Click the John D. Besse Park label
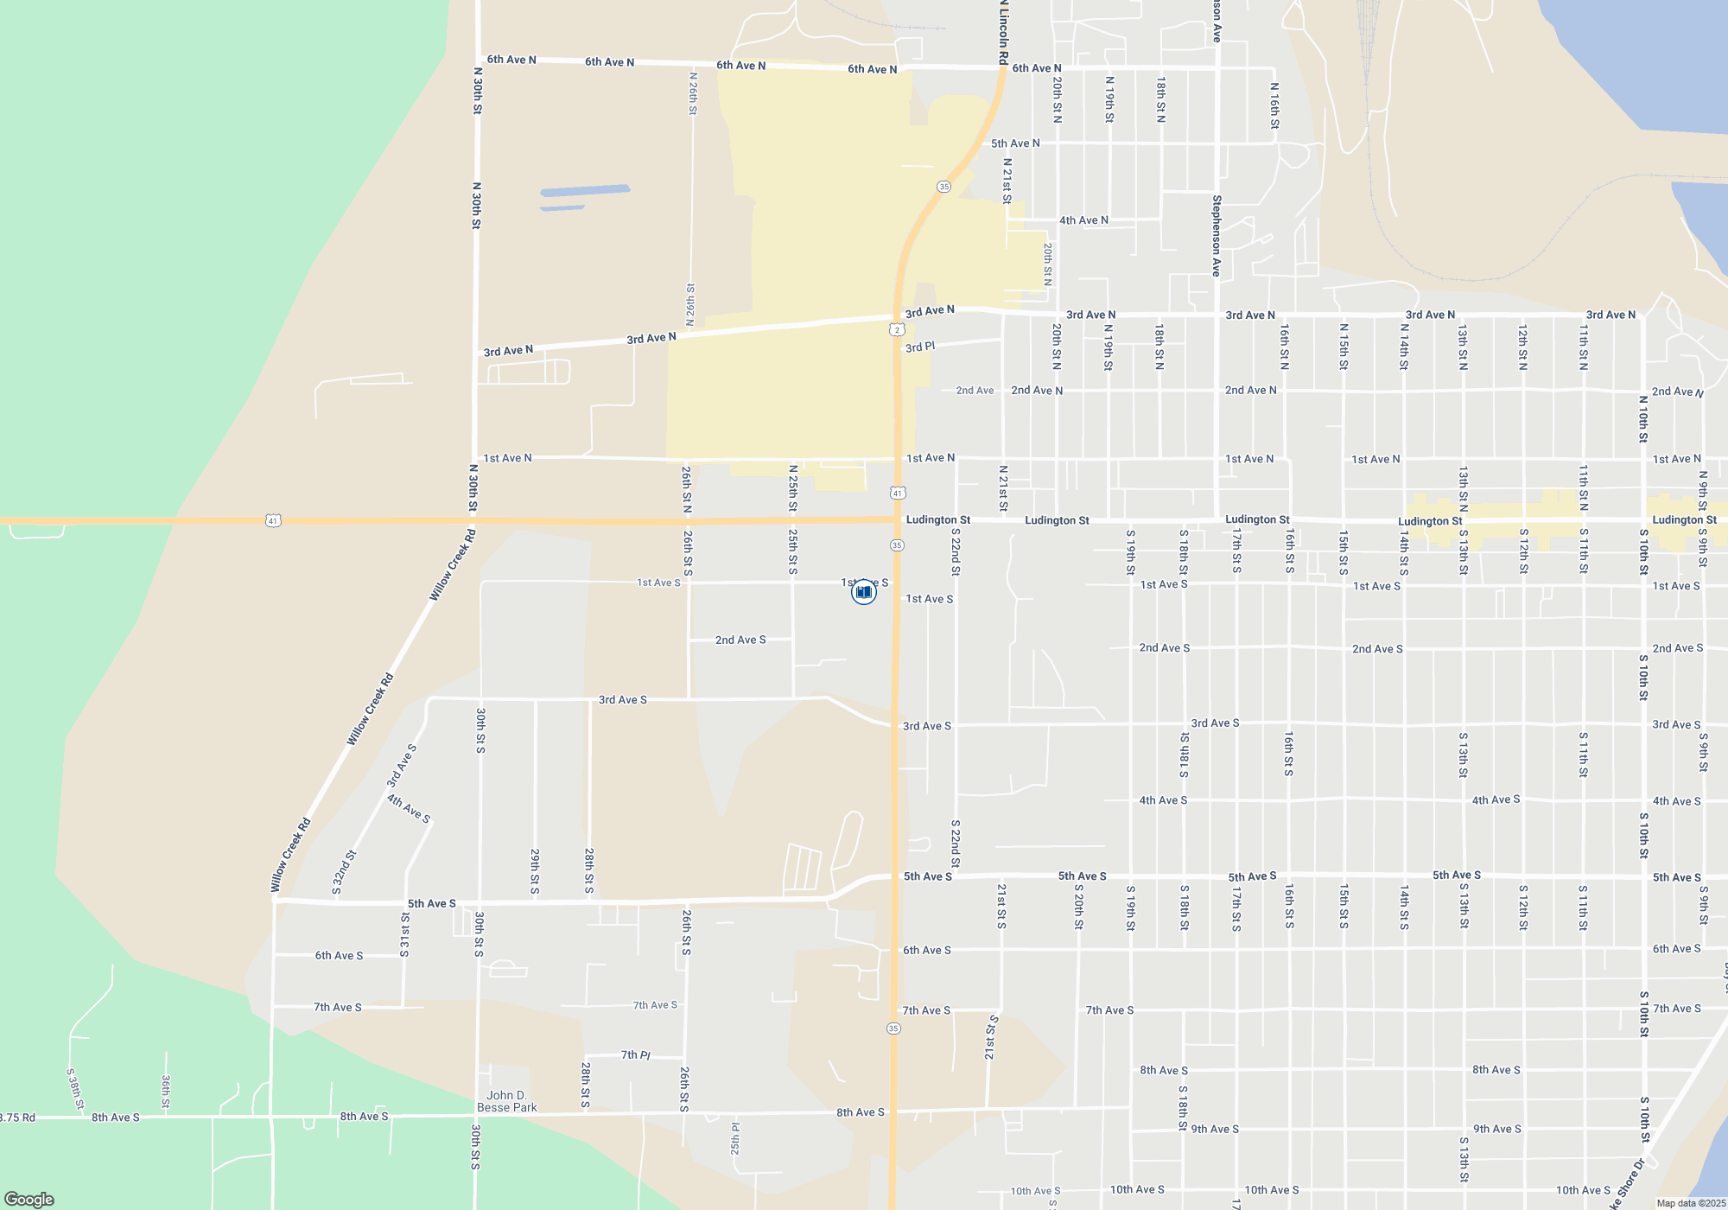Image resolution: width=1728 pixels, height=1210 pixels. [507, 1101]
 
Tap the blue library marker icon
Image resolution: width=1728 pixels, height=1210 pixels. [863, 592]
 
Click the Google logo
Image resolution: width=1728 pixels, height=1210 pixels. [29, 1199]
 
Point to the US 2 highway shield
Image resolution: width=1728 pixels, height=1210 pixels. [897, 329]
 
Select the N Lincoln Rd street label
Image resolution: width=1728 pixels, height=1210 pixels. [1003, 32]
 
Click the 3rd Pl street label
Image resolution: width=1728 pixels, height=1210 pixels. [919, 347]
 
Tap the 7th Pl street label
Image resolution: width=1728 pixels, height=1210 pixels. [635, 1054]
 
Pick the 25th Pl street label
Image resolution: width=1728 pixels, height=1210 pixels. [735, 1138]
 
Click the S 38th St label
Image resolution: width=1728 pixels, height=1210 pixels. [75, 1089]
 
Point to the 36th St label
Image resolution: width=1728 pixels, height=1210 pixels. [165, 1092]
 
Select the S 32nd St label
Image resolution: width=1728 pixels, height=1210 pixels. [344, 872]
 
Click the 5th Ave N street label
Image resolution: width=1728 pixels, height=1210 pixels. [1015, 143]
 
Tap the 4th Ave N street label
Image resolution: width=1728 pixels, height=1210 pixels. [1083, 220]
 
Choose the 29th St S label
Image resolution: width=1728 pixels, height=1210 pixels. [535, 871]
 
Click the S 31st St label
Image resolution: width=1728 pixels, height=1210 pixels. [404, 934]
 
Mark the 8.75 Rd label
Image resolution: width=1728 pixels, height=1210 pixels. [17, 1118]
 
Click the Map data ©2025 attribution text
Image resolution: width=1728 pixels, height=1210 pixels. [1691, 1203]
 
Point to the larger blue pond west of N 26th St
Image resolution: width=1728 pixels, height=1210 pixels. [585, 190]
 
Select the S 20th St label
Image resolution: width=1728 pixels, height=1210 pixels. [1078, 906]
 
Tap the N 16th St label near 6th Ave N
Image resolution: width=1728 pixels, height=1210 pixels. [1274, 105]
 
